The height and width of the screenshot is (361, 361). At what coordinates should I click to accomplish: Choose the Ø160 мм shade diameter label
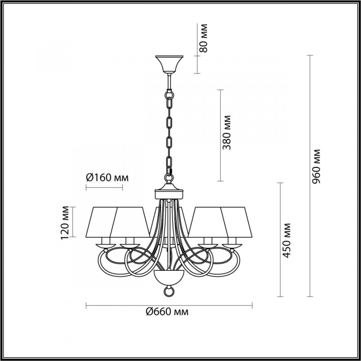point(107,177)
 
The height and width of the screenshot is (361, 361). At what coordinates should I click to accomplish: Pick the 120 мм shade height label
point(66,222)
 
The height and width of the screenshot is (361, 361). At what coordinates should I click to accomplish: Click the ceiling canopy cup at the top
point(168,64)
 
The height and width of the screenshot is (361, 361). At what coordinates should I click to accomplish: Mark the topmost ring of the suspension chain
point(168,96)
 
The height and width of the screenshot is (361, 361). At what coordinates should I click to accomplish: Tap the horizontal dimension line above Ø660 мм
point(169,305)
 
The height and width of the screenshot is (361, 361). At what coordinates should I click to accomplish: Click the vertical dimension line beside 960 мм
point(310,176)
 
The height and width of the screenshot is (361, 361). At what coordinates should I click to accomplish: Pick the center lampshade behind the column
point(158,221)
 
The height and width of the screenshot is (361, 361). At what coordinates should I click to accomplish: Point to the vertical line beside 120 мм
point(72,222)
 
